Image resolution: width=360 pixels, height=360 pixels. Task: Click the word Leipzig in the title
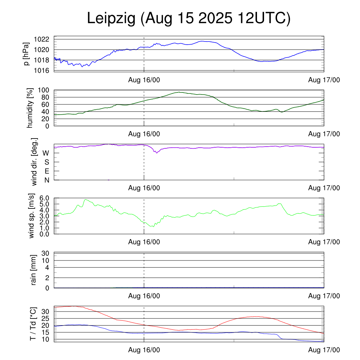click(x=111, y=19)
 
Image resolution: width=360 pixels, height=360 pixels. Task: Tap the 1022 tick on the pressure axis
click(x=41, y=39)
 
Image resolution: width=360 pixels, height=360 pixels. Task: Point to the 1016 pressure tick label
click(x=41, y=70)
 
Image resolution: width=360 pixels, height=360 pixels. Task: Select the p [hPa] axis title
click(x=27, y=54)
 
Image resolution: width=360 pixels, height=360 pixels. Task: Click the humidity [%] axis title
click(x=31, y=108)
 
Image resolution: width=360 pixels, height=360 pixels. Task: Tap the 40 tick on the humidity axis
click(x=46, y=112)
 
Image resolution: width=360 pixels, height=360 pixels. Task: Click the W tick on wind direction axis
click(x=46, y=153)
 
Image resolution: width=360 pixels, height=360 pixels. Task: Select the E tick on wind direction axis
click(x=46, y=171)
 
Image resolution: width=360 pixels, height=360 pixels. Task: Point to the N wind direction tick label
click(x=46, y=180)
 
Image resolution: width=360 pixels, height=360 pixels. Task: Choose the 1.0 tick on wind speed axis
click(x=44, y=228)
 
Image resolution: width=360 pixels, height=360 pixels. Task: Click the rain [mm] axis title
click(x=34, y=270)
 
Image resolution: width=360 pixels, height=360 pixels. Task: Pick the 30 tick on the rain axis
click(x=46, y=253)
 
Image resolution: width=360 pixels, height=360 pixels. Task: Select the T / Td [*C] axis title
click(x=33, y=323)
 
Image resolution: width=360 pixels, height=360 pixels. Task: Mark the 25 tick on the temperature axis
click(x=46, y=319)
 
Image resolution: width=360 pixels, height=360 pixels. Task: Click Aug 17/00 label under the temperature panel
click(x=324, y=350)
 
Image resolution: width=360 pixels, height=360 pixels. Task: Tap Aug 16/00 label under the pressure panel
click(x=144, y=81)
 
